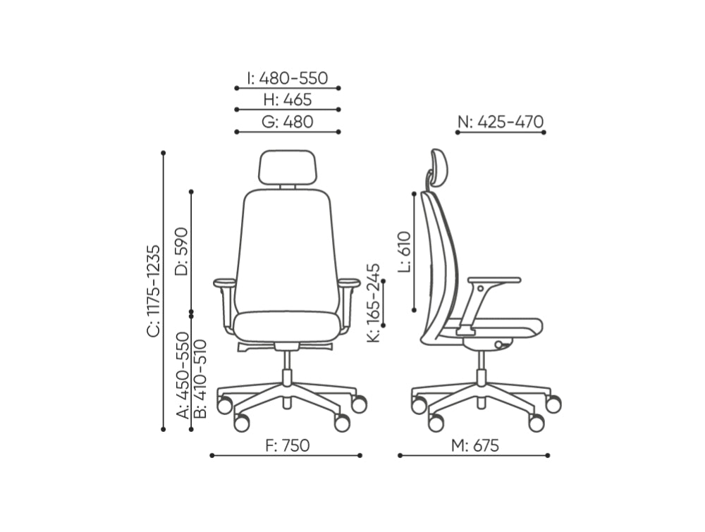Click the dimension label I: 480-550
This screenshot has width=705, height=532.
pos(287,78)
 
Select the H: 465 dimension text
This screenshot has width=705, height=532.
pos(287,100)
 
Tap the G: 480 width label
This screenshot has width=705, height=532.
pos(287,122)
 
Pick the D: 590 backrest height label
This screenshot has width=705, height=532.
pos(181,251)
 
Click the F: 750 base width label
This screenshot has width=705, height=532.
pos(287,445)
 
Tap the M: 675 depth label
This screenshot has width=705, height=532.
pos(475,445)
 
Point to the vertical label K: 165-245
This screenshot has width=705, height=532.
pos(374,303)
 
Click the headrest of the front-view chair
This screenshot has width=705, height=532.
pos(287,168)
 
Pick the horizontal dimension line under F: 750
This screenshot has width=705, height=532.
pos(287,455)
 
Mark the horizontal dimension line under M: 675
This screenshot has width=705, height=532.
pos(474,455)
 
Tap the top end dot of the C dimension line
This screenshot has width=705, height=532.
pos(164,152)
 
